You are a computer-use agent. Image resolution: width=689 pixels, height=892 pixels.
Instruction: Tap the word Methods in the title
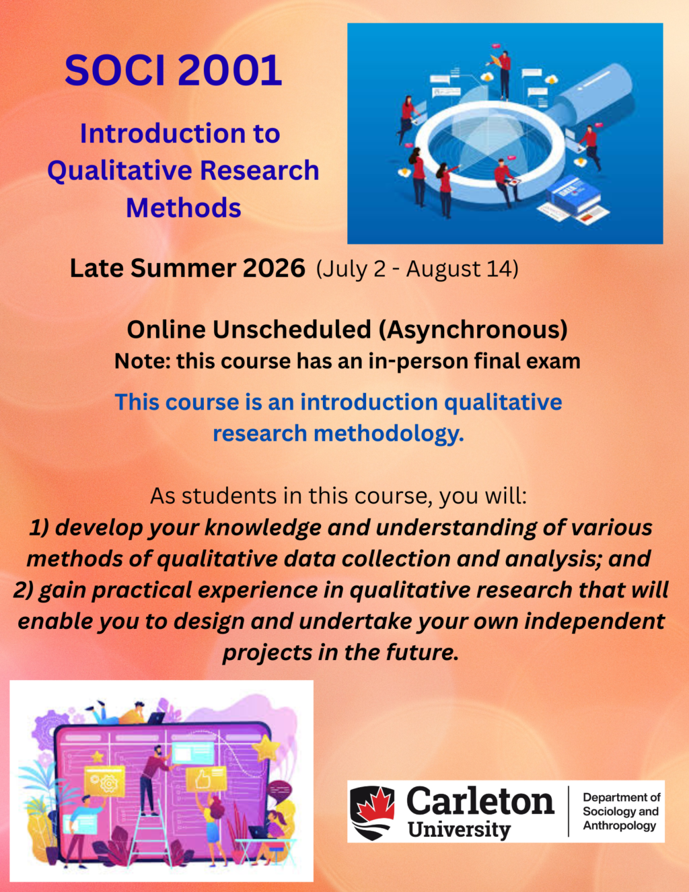(x=183, y=208)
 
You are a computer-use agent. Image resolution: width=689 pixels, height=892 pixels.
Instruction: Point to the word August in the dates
(x=444, y=268)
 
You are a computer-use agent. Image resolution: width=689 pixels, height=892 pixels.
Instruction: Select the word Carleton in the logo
(x=480, y=801)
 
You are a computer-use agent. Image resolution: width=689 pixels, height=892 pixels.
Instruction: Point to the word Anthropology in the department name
(x=620, y=825)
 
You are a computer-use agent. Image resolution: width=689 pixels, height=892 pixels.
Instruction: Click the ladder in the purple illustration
(x=150, y=833)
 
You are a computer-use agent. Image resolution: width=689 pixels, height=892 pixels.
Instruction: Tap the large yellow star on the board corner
(x=266, y=747)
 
